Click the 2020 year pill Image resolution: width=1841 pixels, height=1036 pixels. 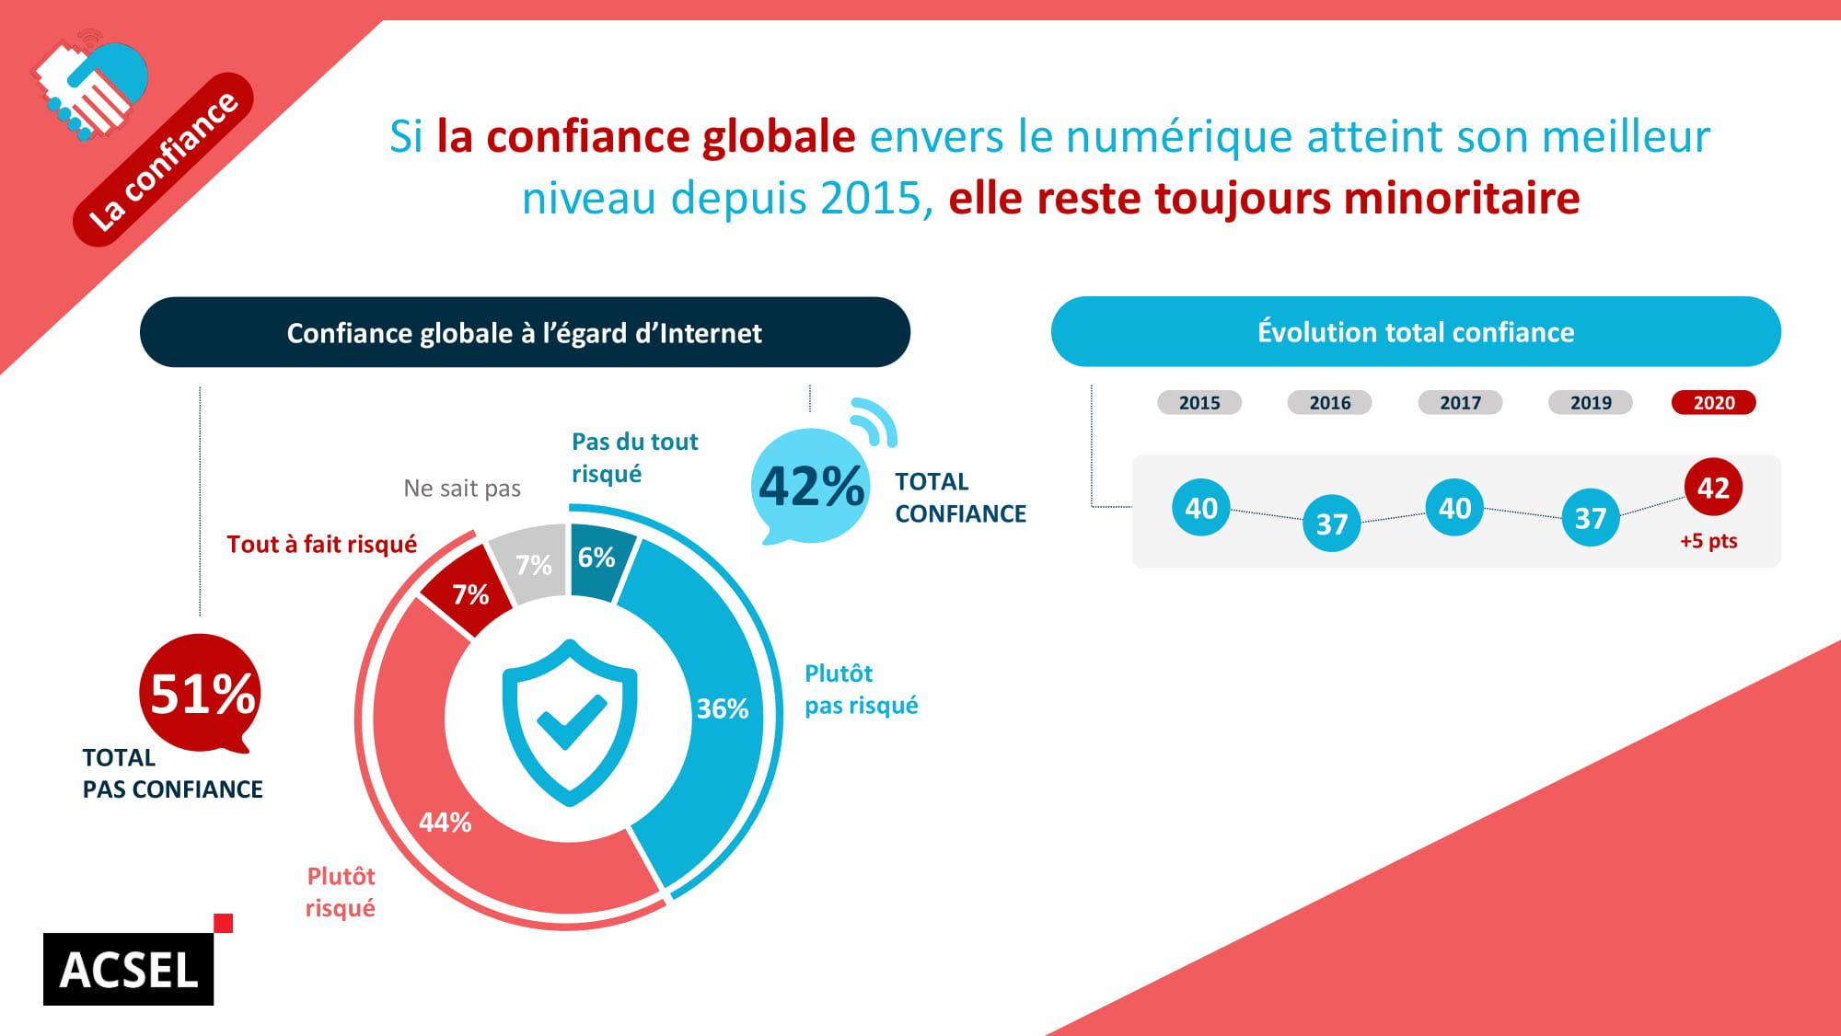tap(1713, 402)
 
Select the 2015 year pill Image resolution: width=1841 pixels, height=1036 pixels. tap(1198, 402)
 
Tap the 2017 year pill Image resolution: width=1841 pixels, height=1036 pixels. tap(1460, 402)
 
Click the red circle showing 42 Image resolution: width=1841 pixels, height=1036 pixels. tap(1712, 487)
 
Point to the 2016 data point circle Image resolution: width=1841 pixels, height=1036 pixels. tap(1331, 524)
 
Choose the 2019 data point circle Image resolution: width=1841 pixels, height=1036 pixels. tap(1590, 518)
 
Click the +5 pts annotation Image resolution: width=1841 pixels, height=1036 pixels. tap(1708, 541)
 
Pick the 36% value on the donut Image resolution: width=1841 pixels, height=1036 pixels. tap(722, 708)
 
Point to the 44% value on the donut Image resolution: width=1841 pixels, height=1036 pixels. tap(445, 822)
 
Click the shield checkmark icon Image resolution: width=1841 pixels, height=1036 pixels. tap(570, 721)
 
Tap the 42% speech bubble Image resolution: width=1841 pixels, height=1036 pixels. tap(811, 486)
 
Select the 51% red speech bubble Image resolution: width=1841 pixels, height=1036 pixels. tap(202, 693)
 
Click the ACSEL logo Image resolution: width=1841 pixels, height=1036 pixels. tap(129, 969)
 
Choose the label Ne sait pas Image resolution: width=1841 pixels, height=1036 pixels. tap(462, 489)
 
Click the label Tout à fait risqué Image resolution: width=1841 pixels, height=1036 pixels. tap(321, 545)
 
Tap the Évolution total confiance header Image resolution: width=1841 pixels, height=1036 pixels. tap(1415, 332)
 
